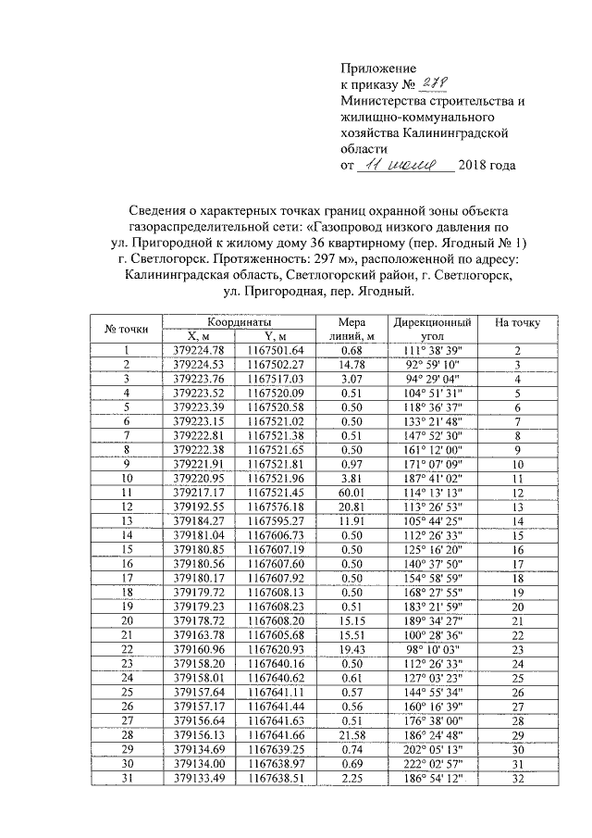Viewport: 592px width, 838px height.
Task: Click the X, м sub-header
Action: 200,336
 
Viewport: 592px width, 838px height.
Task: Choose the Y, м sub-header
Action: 275,336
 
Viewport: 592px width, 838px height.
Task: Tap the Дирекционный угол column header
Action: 432,329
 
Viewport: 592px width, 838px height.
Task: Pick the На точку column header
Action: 518,323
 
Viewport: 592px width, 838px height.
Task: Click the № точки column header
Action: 127,329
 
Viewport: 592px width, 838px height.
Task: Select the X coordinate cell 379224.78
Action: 200,350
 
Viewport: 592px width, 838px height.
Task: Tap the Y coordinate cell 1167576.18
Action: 275,508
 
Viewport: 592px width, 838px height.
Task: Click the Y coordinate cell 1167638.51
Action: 275,779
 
